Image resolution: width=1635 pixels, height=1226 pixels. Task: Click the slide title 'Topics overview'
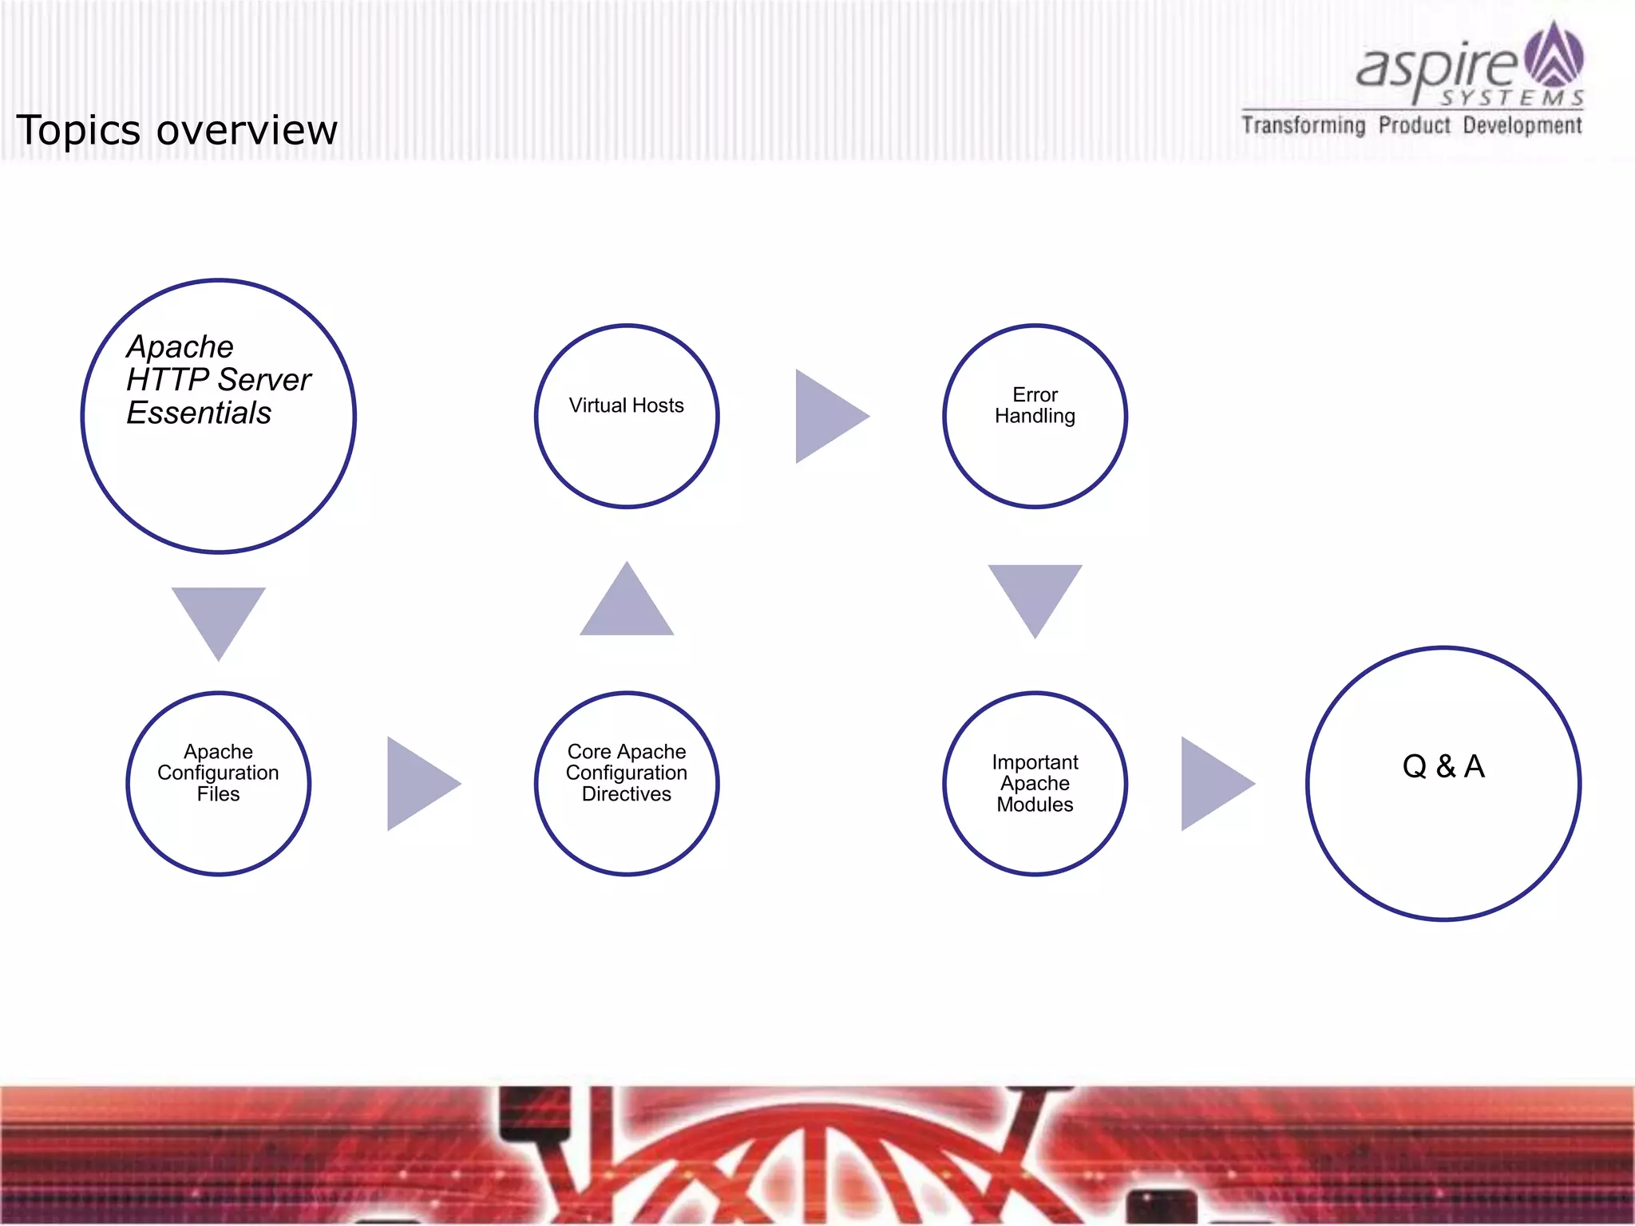176,130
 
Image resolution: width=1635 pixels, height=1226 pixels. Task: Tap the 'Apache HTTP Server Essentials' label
217,380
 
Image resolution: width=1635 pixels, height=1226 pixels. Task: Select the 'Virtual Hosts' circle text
627,405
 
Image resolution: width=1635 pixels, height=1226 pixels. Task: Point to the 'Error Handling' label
1035,405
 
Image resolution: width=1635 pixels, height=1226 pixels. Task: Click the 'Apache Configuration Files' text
218,773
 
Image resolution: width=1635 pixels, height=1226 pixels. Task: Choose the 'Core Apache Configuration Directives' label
627,773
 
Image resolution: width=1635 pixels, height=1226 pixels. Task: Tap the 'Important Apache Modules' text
1035,783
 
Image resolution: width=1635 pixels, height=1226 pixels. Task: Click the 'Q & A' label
1443,766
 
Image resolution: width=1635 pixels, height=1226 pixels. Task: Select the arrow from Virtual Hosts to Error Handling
829,416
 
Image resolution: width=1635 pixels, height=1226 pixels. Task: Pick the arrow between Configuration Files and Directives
420,784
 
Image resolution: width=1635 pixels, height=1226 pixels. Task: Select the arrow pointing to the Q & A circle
1213,784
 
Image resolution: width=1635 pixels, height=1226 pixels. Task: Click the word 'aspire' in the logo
1437,69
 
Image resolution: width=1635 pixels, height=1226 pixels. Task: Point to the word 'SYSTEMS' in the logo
1511,98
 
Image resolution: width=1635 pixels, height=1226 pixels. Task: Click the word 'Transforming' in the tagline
1303,126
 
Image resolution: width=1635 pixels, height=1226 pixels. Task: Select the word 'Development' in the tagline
1522,126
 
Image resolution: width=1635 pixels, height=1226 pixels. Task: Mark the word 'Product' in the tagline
1414,126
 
